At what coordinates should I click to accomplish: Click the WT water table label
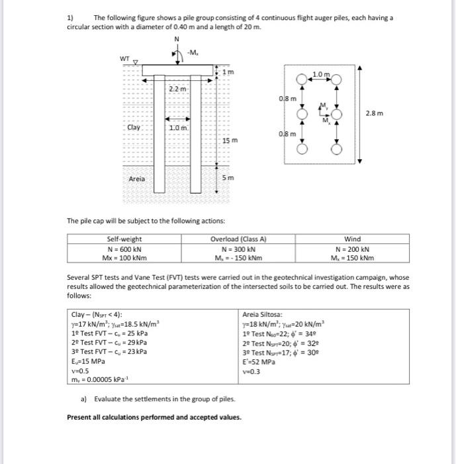[x=124, y=59]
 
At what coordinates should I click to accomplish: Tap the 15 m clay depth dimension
[x=230, y=141]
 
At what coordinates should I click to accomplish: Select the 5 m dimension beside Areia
[x=227, y=178]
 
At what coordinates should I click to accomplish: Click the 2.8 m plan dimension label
[x=374, y=113]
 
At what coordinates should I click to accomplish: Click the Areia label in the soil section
[x=137, y=178]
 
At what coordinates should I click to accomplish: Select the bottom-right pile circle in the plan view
[x=336, y=149]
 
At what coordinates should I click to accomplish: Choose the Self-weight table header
[x=124, y=239]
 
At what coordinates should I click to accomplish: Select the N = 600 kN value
[x=124, y=248]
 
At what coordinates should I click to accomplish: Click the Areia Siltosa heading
[x=263, y=314]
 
